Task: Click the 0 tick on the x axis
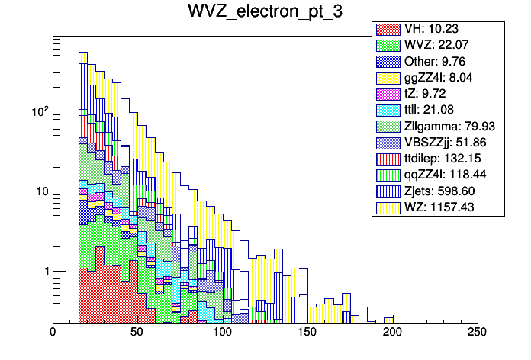(53, 333)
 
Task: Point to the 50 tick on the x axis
(138, 333)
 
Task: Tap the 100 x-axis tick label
(223, 333)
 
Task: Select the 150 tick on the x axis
(307, 333)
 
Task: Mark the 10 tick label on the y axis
(38, 191)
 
